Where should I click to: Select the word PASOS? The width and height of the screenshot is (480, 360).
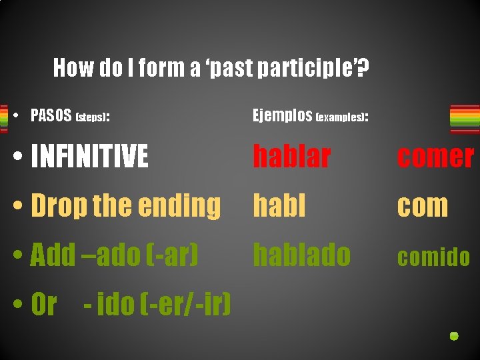pyautogui.click(x=51, y=116)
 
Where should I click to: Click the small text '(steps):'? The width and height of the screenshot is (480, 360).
pyautogui.click(x=93, y=117)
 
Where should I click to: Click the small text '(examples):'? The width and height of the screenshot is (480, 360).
pyautogui.click(x=342, y=117)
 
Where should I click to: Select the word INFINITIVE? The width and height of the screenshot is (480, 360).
pyautogui.click(x=89, y=157)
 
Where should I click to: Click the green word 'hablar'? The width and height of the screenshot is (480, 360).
pyautogui.click(x=291, y=157)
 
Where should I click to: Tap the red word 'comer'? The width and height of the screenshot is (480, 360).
pyautogui.click(x=435, y=157)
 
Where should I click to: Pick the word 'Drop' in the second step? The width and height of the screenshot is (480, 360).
pyautogui.click(x=59, y=207)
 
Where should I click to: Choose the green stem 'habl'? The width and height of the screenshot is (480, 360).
pyautogui.click(x=279, y=206)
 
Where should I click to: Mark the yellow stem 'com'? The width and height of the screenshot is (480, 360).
pyautogui.click(x=423, y=207)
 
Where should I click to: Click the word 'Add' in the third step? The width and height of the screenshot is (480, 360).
pyautogui.click(x=53, y=255)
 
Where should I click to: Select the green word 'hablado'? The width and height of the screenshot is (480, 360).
pyautogui.click(x=301, y=255)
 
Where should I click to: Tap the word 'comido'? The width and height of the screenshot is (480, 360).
pyautogui.click(x=433, y=257)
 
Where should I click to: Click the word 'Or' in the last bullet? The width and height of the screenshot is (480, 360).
pyautogui.click(x=44, y=305)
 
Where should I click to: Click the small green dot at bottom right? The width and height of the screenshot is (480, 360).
pyautogui.click(x=453, y=336)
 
